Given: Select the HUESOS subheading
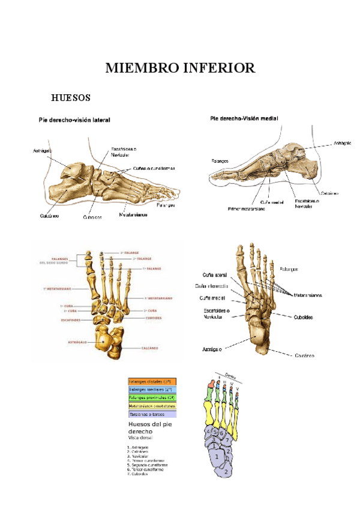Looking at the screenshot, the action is coord(71,97).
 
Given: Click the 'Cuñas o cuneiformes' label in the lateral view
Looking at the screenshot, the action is coord(154,169).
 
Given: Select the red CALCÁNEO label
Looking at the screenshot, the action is coord(149,347).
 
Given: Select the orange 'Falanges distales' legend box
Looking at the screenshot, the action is coord(151,381).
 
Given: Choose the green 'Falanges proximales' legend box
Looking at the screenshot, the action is coord(151,397).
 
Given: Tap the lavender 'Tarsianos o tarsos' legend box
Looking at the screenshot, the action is coord(151,414).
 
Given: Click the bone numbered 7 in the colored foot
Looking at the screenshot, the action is coord(229,441).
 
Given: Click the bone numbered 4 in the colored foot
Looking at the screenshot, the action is coord(208,432).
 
